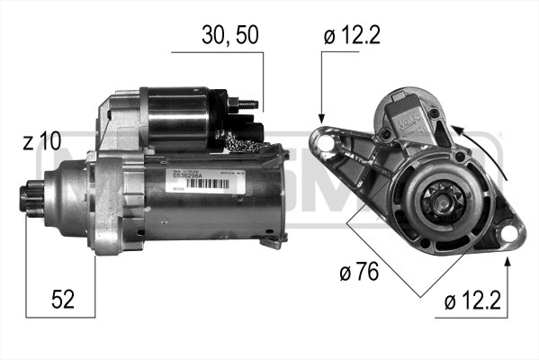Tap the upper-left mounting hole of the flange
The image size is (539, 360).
pyautogui.click(x=321, y=139)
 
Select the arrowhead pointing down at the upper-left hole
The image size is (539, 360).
pyautogui.click(x=321, y=117)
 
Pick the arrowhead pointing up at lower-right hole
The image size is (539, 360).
pyautogui.click(x=510, y=262)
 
